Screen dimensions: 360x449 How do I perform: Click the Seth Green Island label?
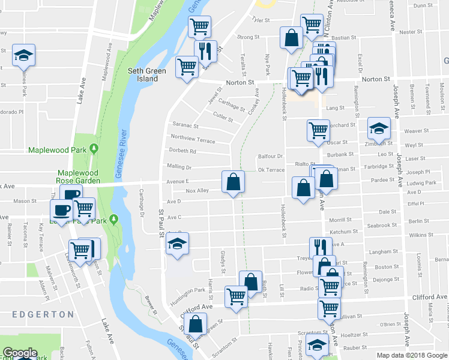(147, 74)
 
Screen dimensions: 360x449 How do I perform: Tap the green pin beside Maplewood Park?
(94, 148)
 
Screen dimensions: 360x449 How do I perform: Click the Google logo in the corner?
(20, 353)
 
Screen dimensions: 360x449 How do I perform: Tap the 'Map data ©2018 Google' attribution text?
(412, 355)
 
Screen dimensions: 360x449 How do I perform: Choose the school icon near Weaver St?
(378, 128)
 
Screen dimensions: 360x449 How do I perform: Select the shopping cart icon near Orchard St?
(318, 130)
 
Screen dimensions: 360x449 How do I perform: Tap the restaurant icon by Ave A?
(321, 247)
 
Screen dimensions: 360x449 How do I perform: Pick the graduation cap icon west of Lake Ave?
(24, 55)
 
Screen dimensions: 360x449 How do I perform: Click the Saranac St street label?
(185, 125)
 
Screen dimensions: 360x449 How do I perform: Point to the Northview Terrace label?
(193, 140)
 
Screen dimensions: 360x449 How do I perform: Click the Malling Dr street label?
(179, 167)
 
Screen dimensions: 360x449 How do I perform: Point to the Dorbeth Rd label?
(183, 151)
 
